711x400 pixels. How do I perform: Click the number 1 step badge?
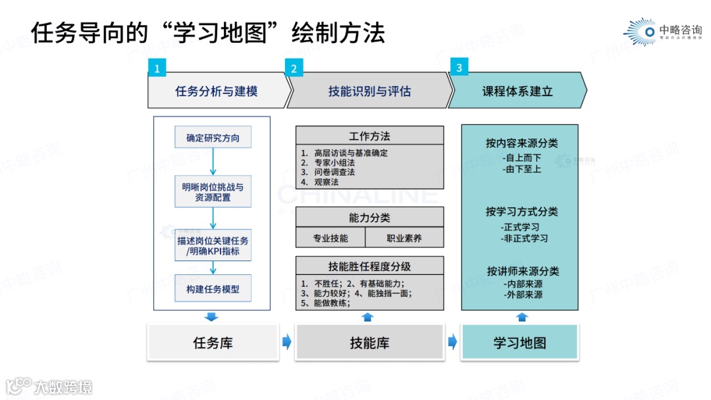coord(157,68)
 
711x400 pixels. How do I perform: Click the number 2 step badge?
coord(294,68)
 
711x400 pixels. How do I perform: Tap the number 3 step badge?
coord(459,67)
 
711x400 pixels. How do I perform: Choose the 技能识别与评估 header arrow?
coord(369,91)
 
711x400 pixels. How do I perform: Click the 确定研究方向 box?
coord(213,138)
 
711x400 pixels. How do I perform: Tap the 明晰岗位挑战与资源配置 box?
coord(213,192)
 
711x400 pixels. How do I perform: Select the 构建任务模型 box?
coord(213,289)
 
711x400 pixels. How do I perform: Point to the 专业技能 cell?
coord(330,238)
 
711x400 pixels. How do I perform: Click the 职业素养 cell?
coord(404,238)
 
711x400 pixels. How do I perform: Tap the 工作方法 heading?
coord(369,136)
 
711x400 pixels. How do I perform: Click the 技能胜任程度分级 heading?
coord(369,266)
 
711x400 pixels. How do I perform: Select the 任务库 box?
coord(213,343)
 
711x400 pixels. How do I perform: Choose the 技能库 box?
coord(369,343)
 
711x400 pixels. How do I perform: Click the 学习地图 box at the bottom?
coord(519,343)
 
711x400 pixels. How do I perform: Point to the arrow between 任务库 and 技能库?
coord(286,341)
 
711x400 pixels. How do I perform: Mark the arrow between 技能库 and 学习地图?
coord(452,341)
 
